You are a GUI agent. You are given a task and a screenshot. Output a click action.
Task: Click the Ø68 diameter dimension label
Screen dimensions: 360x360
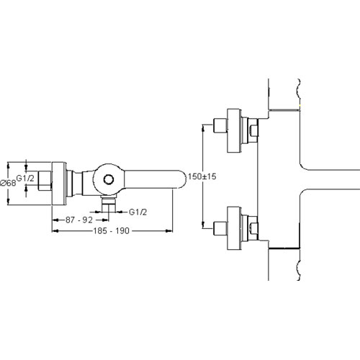[8, 183]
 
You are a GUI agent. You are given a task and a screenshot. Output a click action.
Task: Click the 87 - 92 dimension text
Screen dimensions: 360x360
[79, 220]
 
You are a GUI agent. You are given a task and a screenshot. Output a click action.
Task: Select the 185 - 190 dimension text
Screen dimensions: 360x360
[111, 231]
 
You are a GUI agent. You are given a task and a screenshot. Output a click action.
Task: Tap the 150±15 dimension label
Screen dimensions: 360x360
[202, 176]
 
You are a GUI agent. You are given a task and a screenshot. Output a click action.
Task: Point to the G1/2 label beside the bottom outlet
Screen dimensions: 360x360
[138, 212]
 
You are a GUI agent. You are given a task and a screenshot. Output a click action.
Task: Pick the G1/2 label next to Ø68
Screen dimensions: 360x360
[25, 178]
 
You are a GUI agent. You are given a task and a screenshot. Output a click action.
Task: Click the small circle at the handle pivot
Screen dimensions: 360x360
[109, 179]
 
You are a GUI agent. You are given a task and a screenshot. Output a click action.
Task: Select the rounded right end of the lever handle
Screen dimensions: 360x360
[181, 179]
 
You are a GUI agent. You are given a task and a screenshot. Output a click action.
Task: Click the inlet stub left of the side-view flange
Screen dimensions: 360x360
[45, 181]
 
